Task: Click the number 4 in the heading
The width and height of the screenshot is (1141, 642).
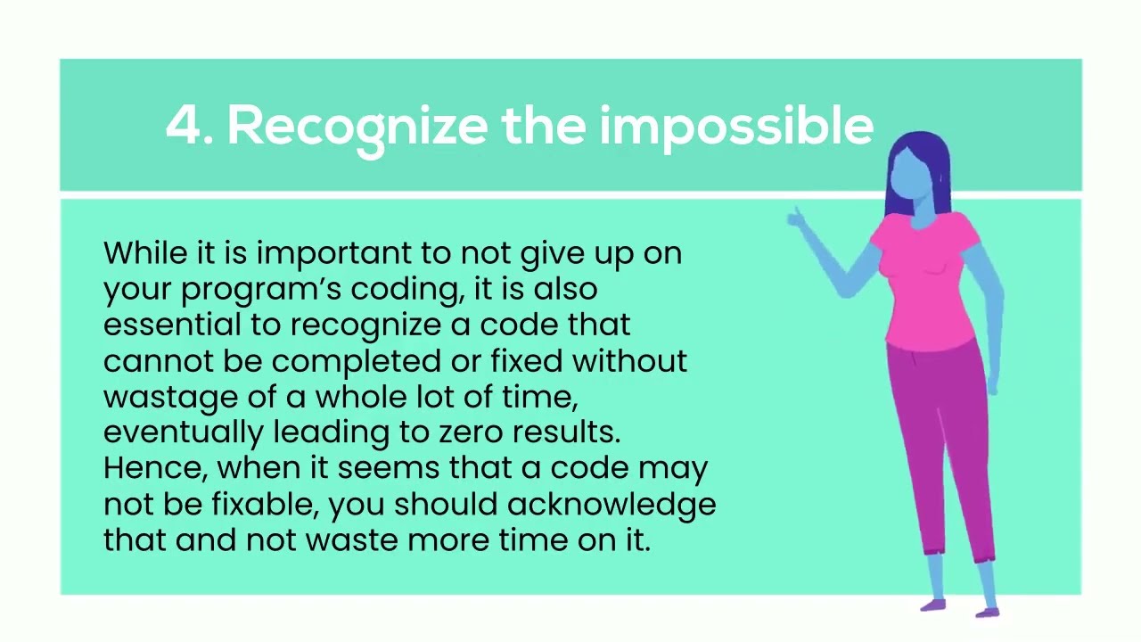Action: (183, 126)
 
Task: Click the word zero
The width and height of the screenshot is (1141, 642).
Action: (469, 432)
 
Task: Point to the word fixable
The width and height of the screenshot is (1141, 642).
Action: (265, 505)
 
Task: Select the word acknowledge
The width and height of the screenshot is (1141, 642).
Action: (612, 505)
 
